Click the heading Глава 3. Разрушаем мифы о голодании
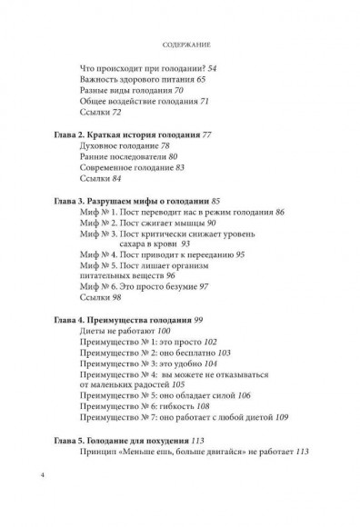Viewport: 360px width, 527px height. point(135,198)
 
